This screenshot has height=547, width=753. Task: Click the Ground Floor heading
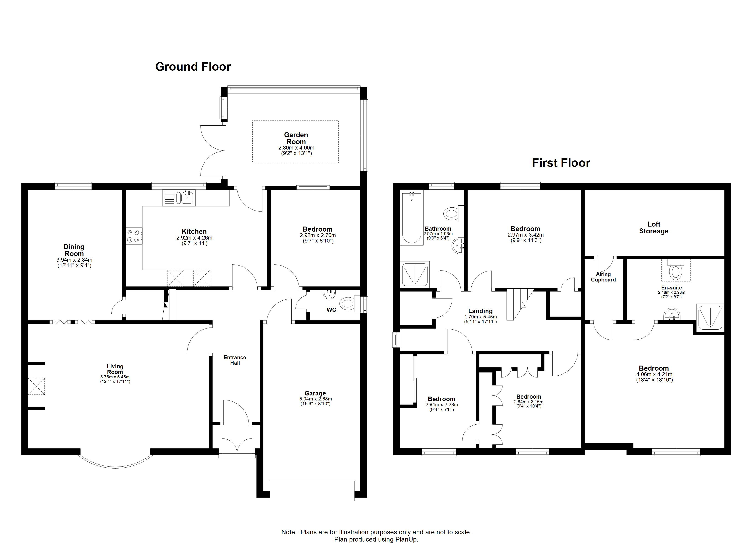click(193, 67)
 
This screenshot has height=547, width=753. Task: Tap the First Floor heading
click(561, 163)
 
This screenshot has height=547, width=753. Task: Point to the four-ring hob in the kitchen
click(134, 236)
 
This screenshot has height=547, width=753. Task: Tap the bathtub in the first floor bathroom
click(412, 218)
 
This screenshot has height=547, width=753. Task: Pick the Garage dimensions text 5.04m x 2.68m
click(315, 399)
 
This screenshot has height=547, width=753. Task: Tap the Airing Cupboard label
click(603, 277)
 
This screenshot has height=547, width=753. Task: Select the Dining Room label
click(74, 250)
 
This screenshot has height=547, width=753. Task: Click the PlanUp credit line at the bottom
click(376, 539)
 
